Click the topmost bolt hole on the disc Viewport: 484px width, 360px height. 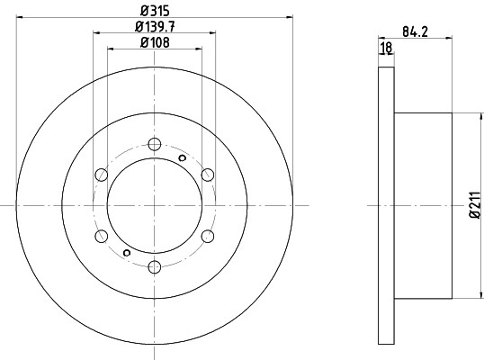click(154, 144)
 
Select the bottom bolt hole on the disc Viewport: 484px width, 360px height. click(154, 266)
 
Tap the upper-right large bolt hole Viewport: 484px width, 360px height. click(207, 175)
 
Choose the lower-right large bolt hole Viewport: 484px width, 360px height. click(207, 236)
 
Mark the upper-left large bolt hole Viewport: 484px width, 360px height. click(101, 175)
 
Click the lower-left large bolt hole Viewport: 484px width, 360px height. click(101, 236)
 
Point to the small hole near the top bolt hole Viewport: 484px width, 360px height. click(183, 158)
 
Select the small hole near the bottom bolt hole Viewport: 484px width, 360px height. click(126, 253)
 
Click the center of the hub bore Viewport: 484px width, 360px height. click(154, 205)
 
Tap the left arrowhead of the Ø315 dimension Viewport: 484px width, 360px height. click(20, 16)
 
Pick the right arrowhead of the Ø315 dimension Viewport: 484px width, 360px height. click(290, 16)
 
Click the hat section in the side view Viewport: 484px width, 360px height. click(424, 205)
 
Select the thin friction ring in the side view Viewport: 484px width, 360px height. click(386, 205)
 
